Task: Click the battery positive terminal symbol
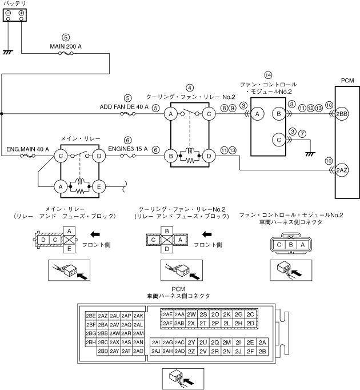(x=21, y=13)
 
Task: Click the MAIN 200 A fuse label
(x=66, y=46)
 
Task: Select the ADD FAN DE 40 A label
(x=124, y=107)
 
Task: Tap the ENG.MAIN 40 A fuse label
(x=27, y=149)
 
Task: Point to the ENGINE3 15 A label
(x=128, y=149)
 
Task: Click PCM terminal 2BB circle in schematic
(x=342, y=114)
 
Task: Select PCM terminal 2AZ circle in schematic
(x=342, y=170)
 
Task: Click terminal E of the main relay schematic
(x=99, y=187)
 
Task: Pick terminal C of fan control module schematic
(x=279, y=140)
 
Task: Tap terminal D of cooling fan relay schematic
(x=209, y=156)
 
